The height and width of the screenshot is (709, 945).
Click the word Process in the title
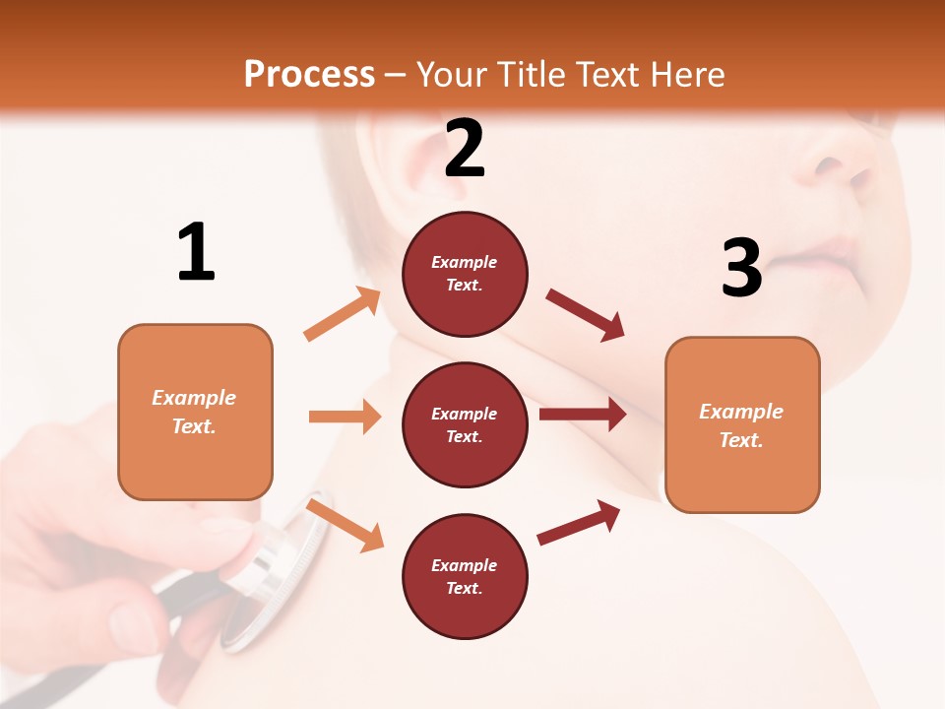coord(309,75)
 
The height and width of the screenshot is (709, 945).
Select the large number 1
coord(196,253)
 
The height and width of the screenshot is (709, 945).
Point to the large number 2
coord(465,149)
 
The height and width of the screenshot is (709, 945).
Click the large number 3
coord(741,268)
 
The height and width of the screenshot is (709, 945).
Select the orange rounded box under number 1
coord(195,412)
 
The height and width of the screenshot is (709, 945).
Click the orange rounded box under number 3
coord(742,424)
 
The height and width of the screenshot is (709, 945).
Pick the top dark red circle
coord(465,274)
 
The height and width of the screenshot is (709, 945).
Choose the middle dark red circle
coord(465,424)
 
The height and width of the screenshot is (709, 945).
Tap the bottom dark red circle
coord(465,576)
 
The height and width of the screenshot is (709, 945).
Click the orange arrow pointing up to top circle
coord(343,314)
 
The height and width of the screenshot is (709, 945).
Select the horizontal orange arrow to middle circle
coord(345,417)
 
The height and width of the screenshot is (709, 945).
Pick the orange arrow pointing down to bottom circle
coord(345,525)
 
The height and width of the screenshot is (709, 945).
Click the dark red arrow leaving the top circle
coord(585,315)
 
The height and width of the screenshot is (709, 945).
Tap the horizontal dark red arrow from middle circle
coord(582,415)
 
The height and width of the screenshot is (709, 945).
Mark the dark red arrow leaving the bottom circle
coord(579,523)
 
